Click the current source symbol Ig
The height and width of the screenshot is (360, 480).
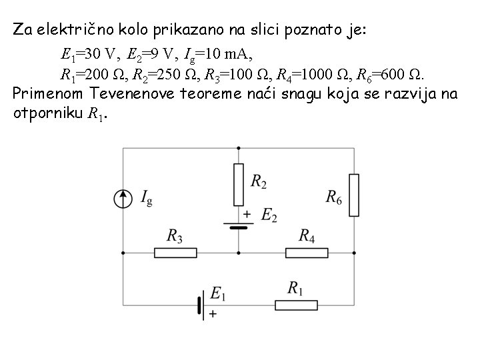click(x=123, y=198)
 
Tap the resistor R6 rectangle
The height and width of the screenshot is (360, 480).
click(x=353, y=195)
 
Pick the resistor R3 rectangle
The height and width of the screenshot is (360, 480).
click(x=175, y=253)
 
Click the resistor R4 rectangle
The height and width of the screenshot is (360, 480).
click(x=307, y=253)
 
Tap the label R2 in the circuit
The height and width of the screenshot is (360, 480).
click(x=260, y=181)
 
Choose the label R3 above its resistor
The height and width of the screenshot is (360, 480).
click(x=175, y=236)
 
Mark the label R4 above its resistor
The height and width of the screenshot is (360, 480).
click(x=307, y=236)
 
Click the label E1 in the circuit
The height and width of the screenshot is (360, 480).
click(x=218, y=293)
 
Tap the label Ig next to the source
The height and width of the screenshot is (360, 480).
click(x=146, y=197)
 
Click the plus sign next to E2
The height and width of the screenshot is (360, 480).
click(x=247, y=214)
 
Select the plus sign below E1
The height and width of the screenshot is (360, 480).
click(x=213, y=313)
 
